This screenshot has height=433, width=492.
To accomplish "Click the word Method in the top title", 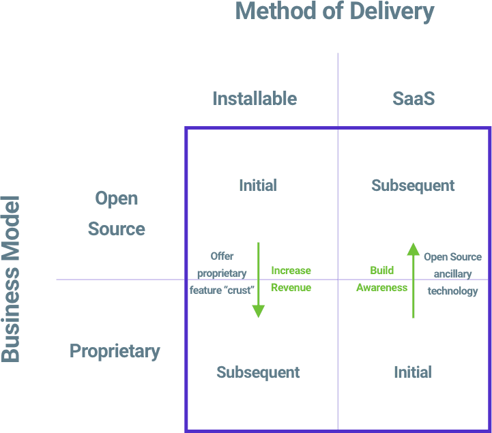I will coord(274,12).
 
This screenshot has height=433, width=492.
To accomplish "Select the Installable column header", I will coord(255,99).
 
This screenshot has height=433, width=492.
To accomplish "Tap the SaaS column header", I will coord(414,99).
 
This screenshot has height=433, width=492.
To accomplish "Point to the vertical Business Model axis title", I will coord(10,280).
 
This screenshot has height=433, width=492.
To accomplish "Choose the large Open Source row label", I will coord(116,214).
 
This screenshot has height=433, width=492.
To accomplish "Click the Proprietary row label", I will coord(115,351).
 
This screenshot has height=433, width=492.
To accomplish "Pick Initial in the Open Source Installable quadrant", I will coord(258,185).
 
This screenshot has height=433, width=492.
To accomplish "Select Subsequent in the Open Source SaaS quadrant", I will coord(413,185).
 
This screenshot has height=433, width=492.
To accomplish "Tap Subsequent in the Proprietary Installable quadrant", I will coord(258,372).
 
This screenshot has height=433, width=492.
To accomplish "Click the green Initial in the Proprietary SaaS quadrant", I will coord(413,372).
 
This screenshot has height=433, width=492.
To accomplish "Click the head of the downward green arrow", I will coord(259,311).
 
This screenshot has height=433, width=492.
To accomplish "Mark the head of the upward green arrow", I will coord(414,249).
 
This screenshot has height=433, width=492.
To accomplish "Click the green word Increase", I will coord(291,271).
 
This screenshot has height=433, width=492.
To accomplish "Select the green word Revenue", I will coord(291,288).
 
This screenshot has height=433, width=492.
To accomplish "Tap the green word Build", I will coord(382,271).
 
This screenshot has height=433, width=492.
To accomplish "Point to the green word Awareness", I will coord(382,288).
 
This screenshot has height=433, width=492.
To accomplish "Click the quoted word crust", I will coord(238,290).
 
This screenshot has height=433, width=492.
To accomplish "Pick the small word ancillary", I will coord(452,274).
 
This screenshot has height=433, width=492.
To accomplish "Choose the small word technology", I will coord(452,291).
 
